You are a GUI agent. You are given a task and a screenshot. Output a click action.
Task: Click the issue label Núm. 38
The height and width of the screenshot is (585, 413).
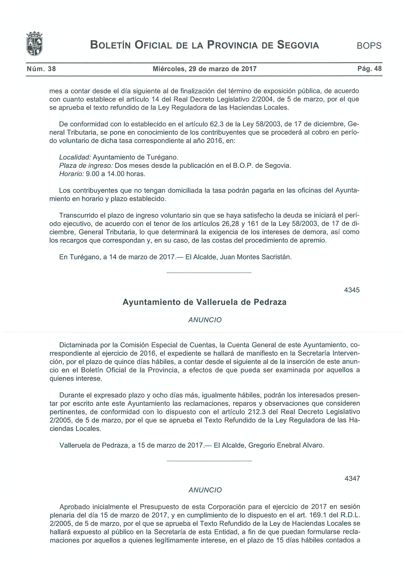coord(41,69)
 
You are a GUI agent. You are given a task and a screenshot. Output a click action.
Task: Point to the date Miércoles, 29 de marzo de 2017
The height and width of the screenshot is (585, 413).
coord(205,69)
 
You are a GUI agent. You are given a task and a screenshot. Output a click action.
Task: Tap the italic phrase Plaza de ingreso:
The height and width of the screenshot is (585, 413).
coord(86,166)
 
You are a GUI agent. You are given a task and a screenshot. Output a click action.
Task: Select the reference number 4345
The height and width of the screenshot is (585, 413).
coord(352,290)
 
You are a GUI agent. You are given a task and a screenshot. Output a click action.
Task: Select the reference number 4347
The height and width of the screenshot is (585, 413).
coord(352,478)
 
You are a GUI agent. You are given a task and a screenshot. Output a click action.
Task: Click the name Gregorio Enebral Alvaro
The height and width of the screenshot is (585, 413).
coord(286,445)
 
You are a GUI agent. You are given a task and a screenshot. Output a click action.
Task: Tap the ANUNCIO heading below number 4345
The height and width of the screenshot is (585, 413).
coord(205,320)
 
